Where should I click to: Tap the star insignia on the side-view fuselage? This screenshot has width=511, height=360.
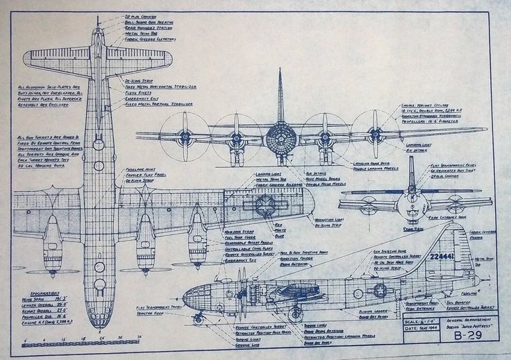coord(380,290)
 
